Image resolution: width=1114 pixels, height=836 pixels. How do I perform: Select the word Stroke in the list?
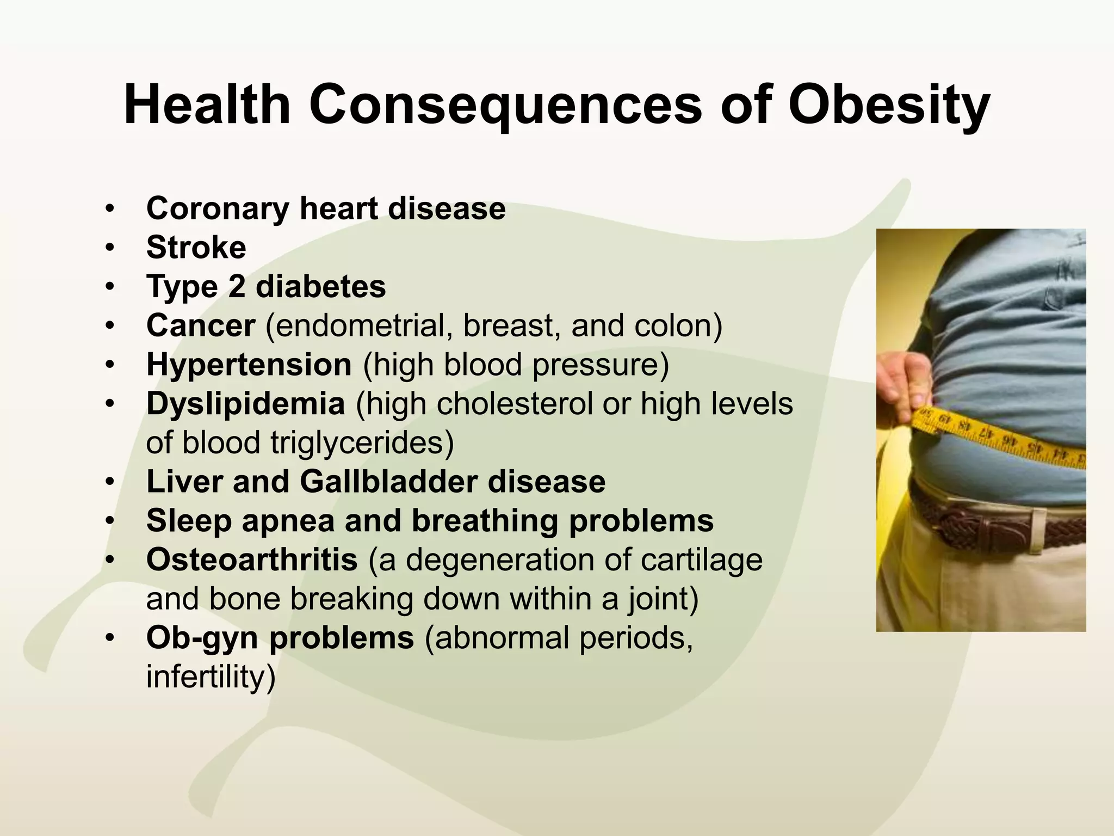click(x=196, y=248)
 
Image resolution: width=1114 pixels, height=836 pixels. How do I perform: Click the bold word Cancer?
click(x=200, y=325)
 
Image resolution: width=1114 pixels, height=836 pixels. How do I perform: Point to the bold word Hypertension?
click(x=249, y=364)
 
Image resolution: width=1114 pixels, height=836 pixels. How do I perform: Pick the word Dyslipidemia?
click(x=245, y=404)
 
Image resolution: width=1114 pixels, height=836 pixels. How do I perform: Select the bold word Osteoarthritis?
click(x=252, y=560)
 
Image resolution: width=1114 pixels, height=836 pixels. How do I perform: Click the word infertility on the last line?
click(x=211, y=677)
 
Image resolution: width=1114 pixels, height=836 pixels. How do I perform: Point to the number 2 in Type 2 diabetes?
click(x=236, y=287)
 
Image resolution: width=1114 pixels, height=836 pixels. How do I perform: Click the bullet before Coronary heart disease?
click(x=110, y=209)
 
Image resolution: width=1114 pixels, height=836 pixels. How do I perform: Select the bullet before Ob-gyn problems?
click(x=110, y=638)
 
